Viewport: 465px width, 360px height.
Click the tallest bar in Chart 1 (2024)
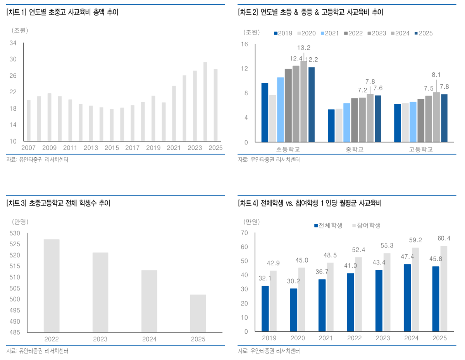pyautogui.click(x=205, y=101)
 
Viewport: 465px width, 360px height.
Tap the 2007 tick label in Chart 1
pyautogui.click(x=28, y=148)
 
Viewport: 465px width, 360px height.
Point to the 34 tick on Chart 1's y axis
pyautogui.click(x=13, y=43)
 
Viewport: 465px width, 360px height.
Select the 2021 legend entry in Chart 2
pyautogui.click(x=330, y=33)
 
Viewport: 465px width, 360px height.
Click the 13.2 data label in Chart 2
pyautogui.click(x=304, y=48)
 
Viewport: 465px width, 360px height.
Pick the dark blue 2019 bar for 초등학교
pyautogui.click(x=265, y=112)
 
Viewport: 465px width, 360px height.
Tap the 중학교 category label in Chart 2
pyautogui.click(x=355, y=149)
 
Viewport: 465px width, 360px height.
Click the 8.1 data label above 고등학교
pyautogui.click(x=436, y=75)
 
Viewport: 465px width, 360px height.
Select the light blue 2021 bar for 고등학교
pyautogui.click(x=413, y=122)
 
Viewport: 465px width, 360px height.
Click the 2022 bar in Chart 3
pyautogui.click(x=52, y=286)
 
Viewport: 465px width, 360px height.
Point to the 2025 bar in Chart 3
pyautogui.click(x=198, y=314)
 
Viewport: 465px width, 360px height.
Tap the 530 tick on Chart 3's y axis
pyautogui.click(x=15, y=233)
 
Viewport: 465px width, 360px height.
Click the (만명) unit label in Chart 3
pyautogui.click(x=20, y=222)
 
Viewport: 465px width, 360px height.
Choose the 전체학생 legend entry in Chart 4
pyautogui.click(x=328, y=225)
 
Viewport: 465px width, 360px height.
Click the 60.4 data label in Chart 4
pyautogui.click(x=444, y=238)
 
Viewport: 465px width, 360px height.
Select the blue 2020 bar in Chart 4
pyautogui.click(x=294, y=310)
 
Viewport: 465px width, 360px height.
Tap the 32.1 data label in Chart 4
pyautogui.click(x=265, y=278)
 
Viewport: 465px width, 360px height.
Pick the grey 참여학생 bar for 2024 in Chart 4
pyautogui.click(x=415, y=290)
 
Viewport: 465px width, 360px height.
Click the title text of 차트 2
pyautogui.click(x=310, y=12)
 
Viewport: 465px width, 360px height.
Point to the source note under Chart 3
pyautogui.click(x=37, y=351)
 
